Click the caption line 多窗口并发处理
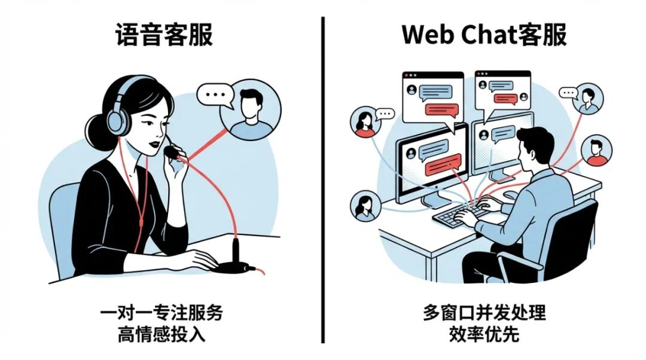point(484,313)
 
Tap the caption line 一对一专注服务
point(162,313)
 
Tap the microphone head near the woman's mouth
point(172,152)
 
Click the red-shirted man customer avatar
point(596,150)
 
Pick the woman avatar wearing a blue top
point(365,205)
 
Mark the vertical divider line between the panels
point(323,179)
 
